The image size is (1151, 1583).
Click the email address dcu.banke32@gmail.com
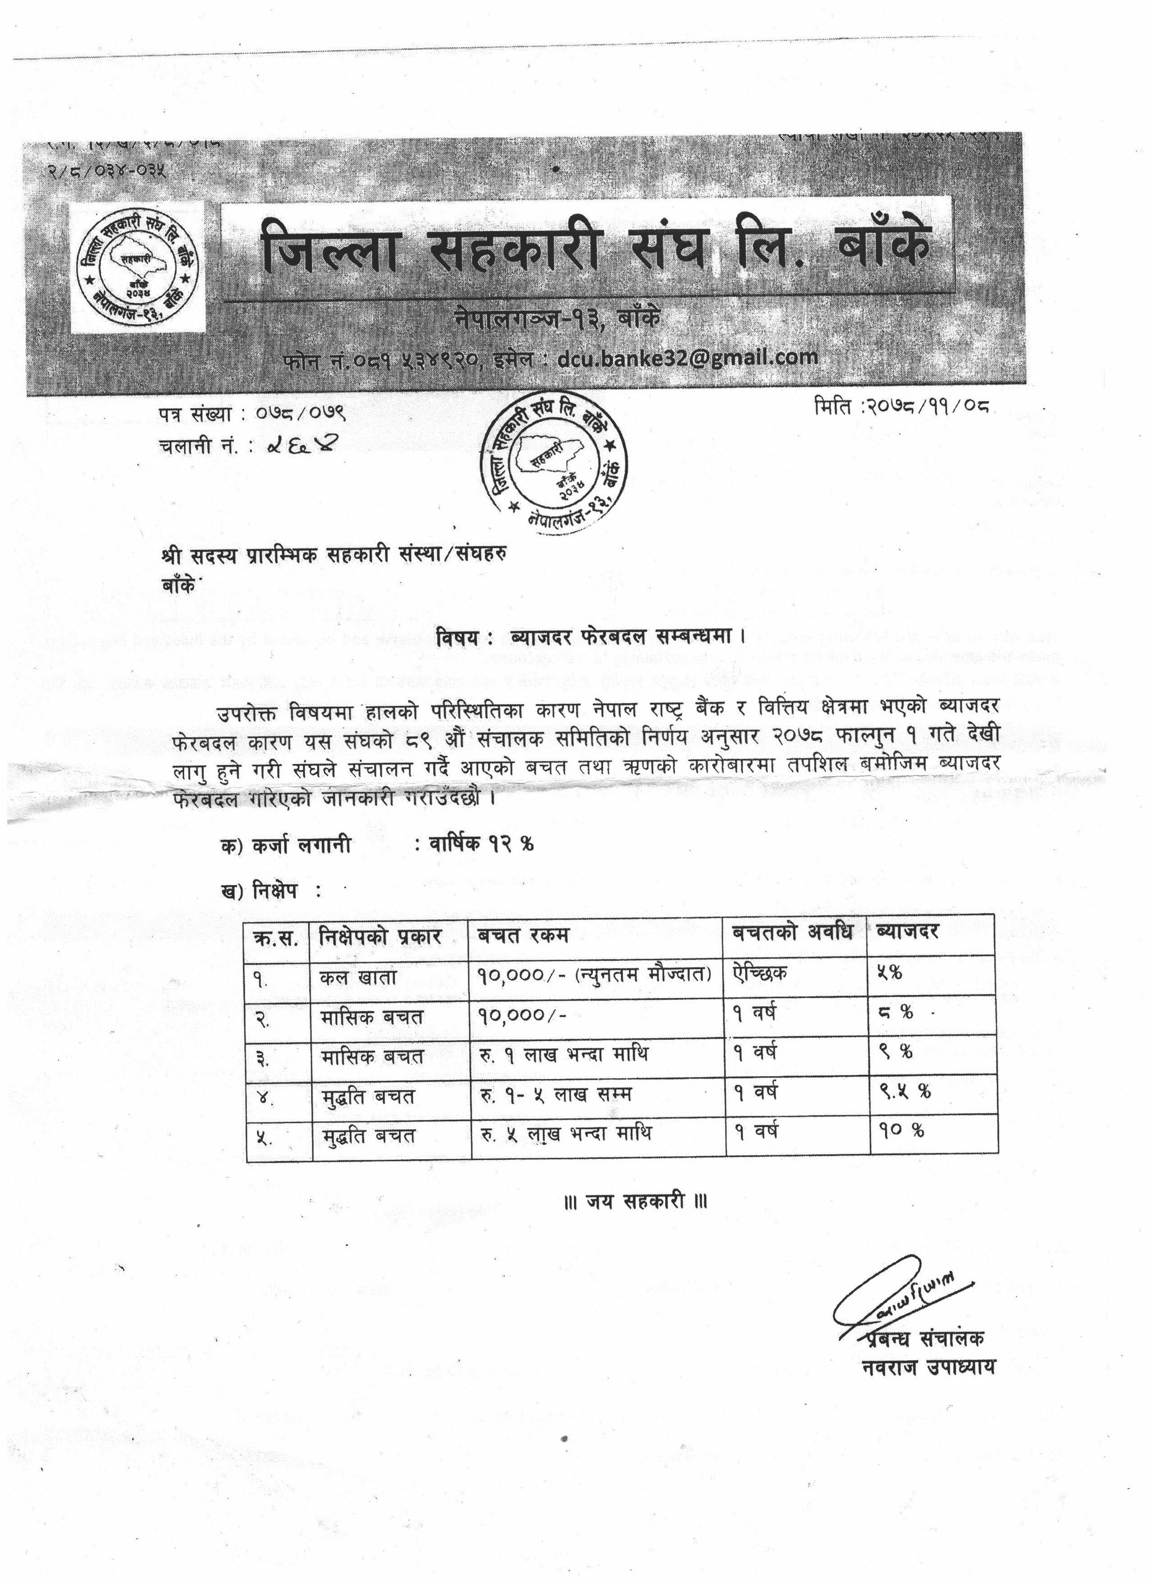[x=687, y=358]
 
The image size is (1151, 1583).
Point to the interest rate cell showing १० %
[x=901, y=1131]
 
